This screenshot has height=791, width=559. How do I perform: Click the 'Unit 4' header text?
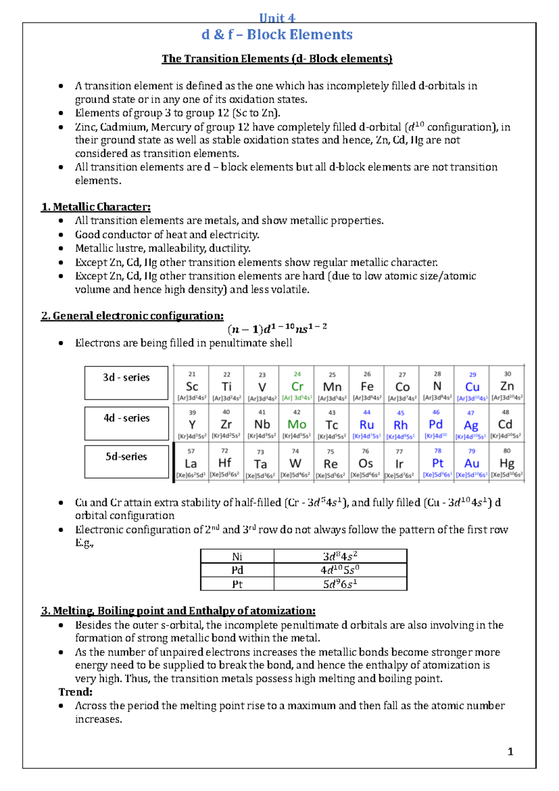pyautogui.click(x=277, y=18)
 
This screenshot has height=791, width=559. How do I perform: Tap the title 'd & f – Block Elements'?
pyautogui.click(x=277, y=35)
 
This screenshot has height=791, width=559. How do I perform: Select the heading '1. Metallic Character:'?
pyautogui.click(x=96, y=207)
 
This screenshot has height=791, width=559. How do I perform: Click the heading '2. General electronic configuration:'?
pyautogui.click(x=132, y=316)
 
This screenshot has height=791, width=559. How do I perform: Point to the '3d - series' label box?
pyautogui.click(x=126, y=382)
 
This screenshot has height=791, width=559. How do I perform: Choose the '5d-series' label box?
pyautogui.click(x=126, y=461)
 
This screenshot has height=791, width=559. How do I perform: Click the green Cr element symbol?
pyautogui.click(x=297, y=387)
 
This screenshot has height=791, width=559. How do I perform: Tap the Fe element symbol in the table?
pyautogui.click(x=367, y=387)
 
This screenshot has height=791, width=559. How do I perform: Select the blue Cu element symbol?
pyautogui.click(x=472, y=387)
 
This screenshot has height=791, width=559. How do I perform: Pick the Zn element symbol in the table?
pyautogui.click(x=507, y=386)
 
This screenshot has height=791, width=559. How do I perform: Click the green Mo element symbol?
pyautogui.click(x=297, y=424)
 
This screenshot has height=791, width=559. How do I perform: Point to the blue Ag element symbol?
pyautogui.click(x=471, y=425)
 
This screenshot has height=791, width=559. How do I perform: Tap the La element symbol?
pyautogui.click(x=191, y=464)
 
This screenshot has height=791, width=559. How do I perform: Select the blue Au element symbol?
pyautogui.click(x=472, y=463)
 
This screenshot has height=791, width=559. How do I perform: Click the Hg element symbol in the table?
pyautogui.click(x=507, y=463)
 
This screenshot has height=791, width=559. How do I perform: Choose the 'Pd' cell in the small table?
pyautogui.click(x=237, y=570)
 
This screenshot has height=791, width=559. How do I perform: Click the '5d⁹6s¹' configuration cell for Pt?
pyautogui.click(x=340, y=584)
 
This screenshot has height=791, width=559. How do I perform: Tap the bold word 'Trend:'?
pyautogui.click(x=75, y=692)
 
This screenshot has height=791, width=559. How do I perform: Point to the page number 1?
pyautogui.click(x=511, y=751)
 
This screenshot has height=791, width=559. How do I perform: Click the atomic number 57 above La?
pyautogui.click(x=191, y=451)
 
